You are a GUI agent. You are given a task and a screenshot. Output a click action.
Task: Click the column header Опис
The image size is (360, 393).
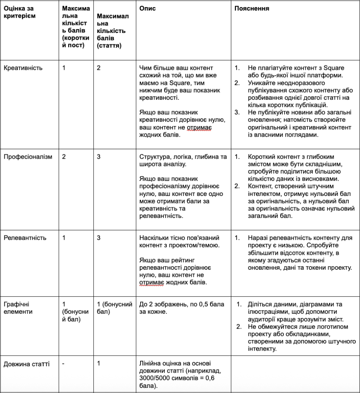[x=148, y=9]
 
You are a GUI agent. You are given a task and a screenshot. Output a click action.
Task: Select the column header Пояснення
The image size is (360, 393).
[x=252, y=9]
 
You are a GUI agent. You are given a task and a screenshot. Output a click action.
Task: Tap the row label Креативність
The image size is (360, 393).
[x=23, y=68]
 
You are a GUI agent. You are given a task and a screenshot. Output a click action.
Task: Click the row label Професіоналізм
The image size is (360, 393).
[x=27, y=157]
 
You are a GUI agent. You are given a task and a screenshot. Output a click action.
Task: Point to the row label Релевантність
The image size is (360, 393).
[x=25, y=238]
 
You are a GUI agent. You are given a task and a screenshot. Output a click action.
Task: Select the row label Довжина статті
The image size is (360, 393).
[x=26, y=364]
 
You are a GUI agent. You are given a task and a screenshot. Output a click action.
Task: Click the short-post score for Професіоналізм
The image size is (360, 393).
[x=64, y=157]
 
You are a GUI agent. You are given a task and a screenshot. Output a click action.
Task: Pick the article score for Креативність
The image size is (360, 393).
[x=99, y=68]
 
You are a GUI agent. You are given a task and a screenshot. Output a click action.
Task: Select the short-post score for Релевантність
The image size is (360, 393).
[x=64, y=238]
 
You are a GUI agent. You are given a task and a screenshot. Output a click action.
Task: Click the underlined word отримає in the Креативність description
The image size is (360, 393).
[x=200, y=128]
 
